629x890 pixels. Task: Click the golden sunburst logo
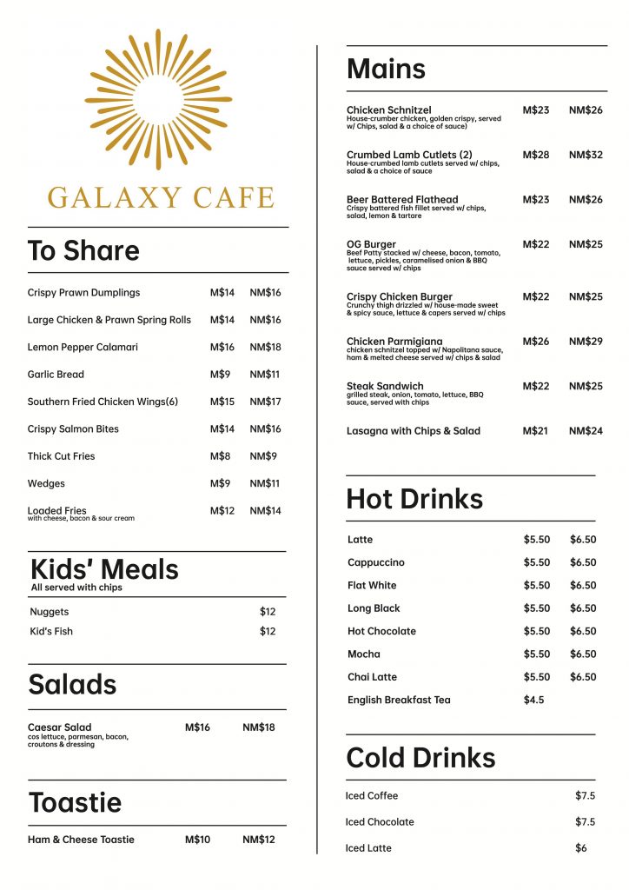tap(158, 98)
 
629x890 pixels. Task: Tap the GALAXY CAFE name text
tap(161, 197)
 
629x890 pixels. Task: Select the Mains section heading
tap(386, 70)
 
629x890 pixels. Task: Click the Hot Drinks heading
tap(414, 499)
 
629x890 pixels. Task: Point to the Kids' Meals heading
tap(104, 569)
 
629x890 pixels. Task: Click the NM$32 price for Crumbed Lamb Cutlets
tap(585, 155)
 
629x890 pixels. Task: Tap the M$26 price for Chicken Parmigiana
tap(535, 342)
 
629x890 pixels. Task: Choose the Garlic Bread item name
tap(56, 375)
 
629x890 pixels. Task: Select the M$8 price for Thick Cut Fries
tap(219, 456)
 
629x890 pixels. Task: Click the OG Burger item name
tap(371, 244)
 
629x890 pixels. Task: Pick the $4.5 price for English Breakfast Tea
tap(533, 700)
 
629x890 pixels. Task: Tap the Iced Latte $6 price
tap(581, 848)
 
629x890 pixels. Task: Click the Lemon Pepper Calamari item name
tap(83, 348)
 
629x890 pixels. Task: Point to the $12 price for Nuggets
tap(268, 612)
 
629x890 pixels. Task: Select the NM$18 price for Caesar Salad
tap(258, 727)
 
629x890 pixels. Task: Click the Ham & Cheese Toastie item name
tap(81, 840)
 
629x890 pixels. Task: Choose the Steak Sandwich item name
tap(385, 386)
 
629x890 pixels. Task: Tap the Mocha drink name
tap(364, 654)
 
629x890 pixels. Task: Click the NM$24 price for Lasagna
tap(585, 431)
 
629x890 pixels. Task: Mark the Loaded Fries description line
tap(81, 519)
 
